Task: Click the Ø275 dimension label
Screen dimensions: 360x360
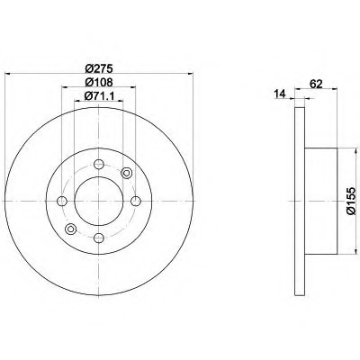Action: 99,68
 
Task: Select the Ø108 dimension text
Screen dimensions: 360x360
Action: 99,82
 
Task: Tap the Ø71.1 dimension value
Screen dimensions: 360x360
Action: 100,95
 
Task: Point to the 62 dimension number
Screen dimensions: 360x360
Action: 316,84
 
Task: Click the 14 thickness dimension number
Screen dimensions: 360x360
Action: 280,94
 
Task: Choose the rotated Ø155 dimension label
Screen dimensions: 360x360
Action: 350,201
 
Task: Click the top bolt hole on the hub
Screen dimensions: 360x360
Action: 99,164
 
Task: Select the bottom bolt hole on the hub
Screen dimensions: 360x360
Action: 99,238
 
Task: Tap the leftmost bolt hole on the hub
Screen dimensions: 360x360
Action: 62,201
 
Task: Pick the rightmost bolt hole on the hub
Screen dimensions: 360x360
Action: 136,201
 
